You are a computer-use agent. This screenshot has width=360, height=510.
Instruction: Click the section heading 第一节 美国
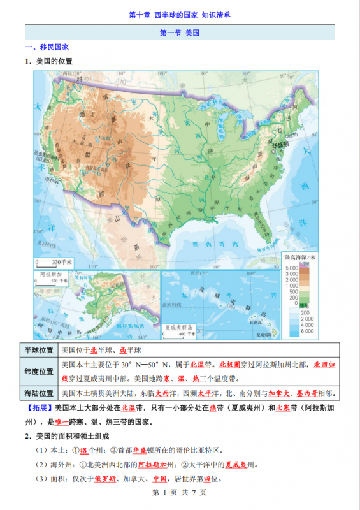pyautogui.click(x=179, y=34)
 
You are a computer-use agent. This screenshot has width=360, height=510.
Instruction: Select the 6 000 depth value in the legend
pyautogui.click(x=308, y=331)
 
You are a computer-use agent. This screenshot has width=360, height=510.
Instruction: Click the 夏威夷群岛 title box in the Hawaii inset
pyautogui.click(x=175, y=328)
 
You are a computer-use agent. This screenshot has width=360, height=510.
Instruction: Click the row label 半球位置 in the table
pyautogui.click(x=39, y=351)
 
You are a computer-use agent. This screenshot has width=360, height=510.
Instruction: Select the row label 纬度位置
pyautogui.click(x=39, y=372)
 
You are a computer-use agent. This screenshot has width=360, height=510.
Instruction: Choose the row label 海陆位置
pyautogui.click(x=39, y=393)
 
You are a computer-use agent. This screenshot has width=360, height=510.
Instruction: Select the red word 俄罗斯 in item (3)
pyautogui.click(x=105, y=479)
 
